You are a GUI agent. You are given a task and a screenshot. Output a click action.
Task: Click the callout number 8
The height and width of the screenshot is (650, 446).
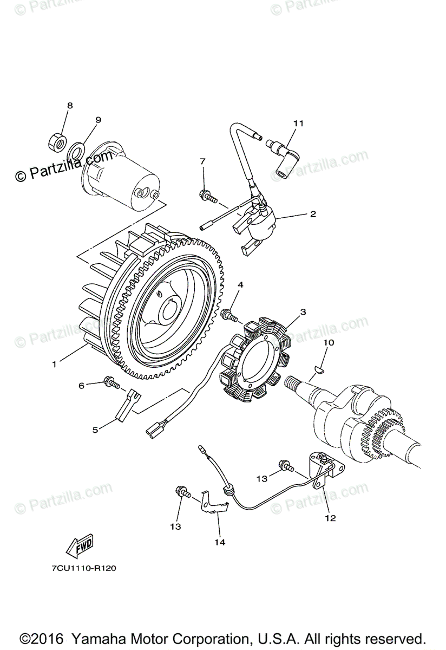coord(69,106)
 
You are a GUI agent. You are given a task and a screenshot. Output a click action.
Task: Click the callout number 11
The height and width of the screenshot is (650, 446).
coord(298,123)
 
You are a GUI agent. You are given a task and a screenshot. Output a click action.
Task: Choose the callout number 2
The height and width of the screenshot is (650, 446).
coord(312,214)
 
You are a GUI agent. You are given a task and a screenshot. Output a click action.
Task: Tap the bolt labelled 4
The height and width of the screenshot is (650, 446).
coord(228,314)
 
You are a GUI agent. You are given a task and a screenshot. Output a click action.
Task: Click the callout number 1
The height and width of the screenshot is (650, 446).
coord(54,364)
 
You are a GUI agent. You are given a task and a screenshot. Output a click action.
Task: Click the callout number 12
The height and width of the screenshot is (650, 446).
coord(330,518)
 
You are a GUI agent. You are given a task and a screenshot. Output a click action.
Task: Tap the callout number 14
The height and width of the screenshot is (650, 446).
coord(220,541)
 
